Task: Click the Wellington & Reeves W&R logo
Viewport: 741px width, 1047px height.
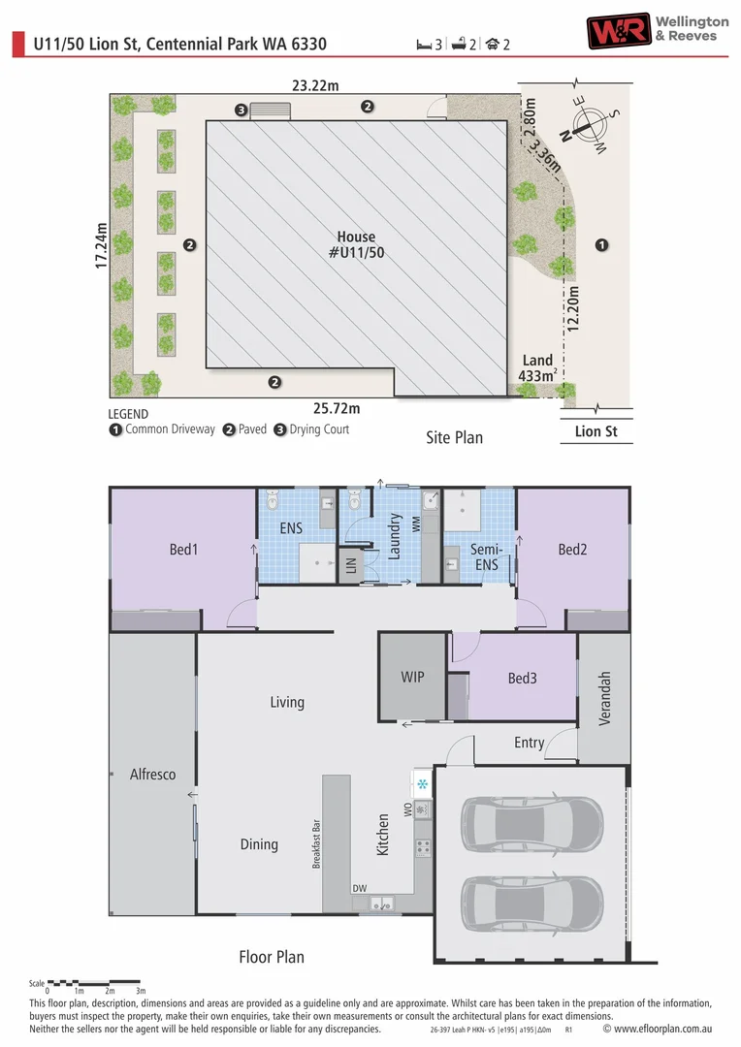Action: tap(618, 31)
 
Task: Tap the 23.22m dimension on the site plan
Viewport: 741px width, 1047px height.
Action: tap(315, 85)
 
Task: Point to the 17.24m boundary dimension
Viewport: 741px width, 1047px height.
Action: tap(101, 245)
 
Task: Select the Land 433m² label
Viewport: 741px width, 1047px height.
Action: tap(538, 368)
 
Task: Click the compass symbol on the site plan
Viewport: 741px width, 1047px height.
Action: tap(588, 125)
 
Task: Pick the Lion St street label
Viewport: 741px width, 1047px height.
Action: tap(596, 431)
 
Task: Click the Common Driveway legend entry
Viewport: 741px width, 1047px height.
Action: tap(162, 429)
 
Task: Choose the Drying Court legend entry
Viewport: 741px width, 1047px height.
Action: tap(311, 429)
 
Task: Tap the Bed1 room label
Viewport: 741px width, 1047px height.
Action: tap(183, 550)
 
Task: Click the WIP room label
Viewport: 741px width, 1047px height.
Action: tap(412, 677)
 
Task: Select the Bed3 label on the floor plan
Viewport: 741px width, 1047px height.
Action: tap(523, 679)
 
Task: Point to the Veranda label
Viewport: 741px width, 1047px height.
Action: tap(604, 698)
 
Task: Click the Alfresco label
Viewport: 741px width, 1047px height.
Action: tap(153, 775)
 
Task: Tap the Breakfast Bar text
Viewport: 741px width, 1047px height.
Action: tap(317, 844)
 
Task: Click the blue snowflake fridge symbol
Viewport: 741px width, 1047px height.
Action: tap(422, 784)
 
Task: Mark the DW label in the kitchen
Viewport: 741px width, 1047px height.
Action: tap(360, 888)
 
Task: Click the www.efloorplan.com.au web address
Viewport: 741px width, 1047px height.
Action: tap(662, 1029)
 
